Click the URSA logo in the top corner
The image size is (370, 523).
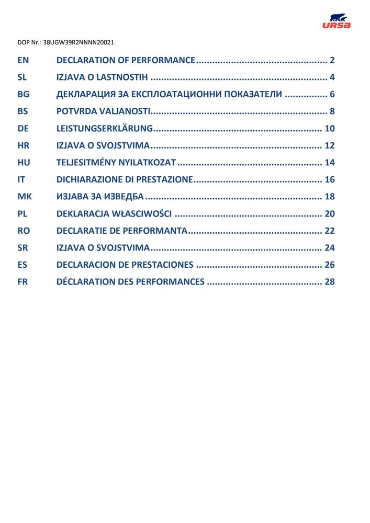(337, 21)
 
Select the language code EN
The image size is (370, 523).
(23, 60)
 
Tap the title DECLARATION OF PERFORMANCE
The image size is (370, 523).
(126, 60)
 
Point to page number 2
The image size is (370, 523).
(332, 60)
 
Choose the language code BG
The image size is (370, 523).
(23, 95)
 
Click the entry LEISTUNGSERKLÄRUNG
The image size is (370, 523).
(104, 129)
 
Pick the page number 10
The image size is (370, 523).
(329, 129)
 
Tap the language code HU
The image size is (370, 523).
(24, 163)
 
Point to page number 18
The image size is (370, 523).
(329, 197)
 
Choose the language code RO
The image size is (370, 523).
(24, 231)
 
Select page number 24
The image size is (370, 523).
(329, 248)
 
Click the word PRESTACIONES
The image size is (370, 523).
(163, 265)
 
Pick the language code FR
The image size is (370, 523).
(23, 282)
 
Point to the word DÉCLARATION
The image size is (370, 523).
(85, 282)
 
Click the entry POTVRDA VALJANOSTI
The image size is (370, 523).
(104, 111)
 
